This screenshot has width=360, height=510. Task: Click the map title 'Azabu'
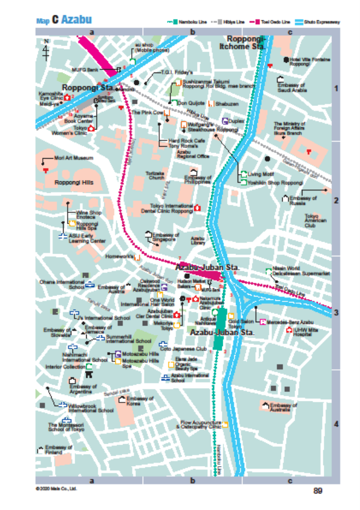click(76, 20)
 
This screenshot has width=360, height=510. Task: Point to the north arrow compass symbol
click(47, 51)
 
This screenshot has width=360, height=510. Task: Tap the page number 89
click(318, 490)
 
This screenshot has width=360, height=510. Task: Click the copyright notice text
click(57, 488)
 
